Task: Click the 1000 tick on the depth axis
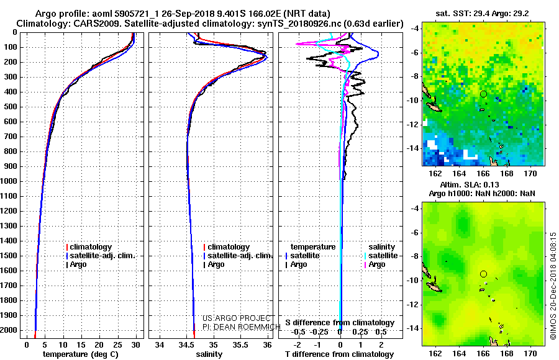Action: pos(9,181)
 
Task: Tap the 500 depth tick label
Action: pos(11,107)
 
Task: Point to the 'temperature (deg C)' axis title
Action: pos(81,354)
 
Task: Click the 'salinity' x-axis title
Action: pos(209,354)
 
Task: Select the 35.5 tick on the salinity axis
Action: pos(240,344)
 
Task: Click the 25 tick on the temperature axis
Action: pos(117,344)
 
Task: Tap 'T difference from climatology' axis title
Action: pos(339,354)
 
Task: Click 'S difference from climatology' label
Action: pos(340,323)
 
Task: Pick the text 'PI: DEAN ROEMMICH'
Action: pos(242,327)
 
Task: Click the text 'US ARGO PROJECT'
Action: pos(237,318)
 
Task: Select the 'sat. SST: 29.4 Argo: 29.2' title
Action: pos(482,14)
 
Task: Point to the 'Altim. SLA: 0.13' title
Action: pos(470,184)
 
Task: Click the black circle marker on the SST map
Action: pos(483,94)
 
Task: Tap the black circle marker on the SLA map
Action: pos(483,274)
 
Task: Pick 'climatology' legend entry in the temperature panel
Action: pos(89,247)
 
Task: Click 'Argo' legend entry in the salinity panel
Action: pos(214,264)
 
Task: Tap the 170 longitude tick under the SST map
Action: pos(530,174)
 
